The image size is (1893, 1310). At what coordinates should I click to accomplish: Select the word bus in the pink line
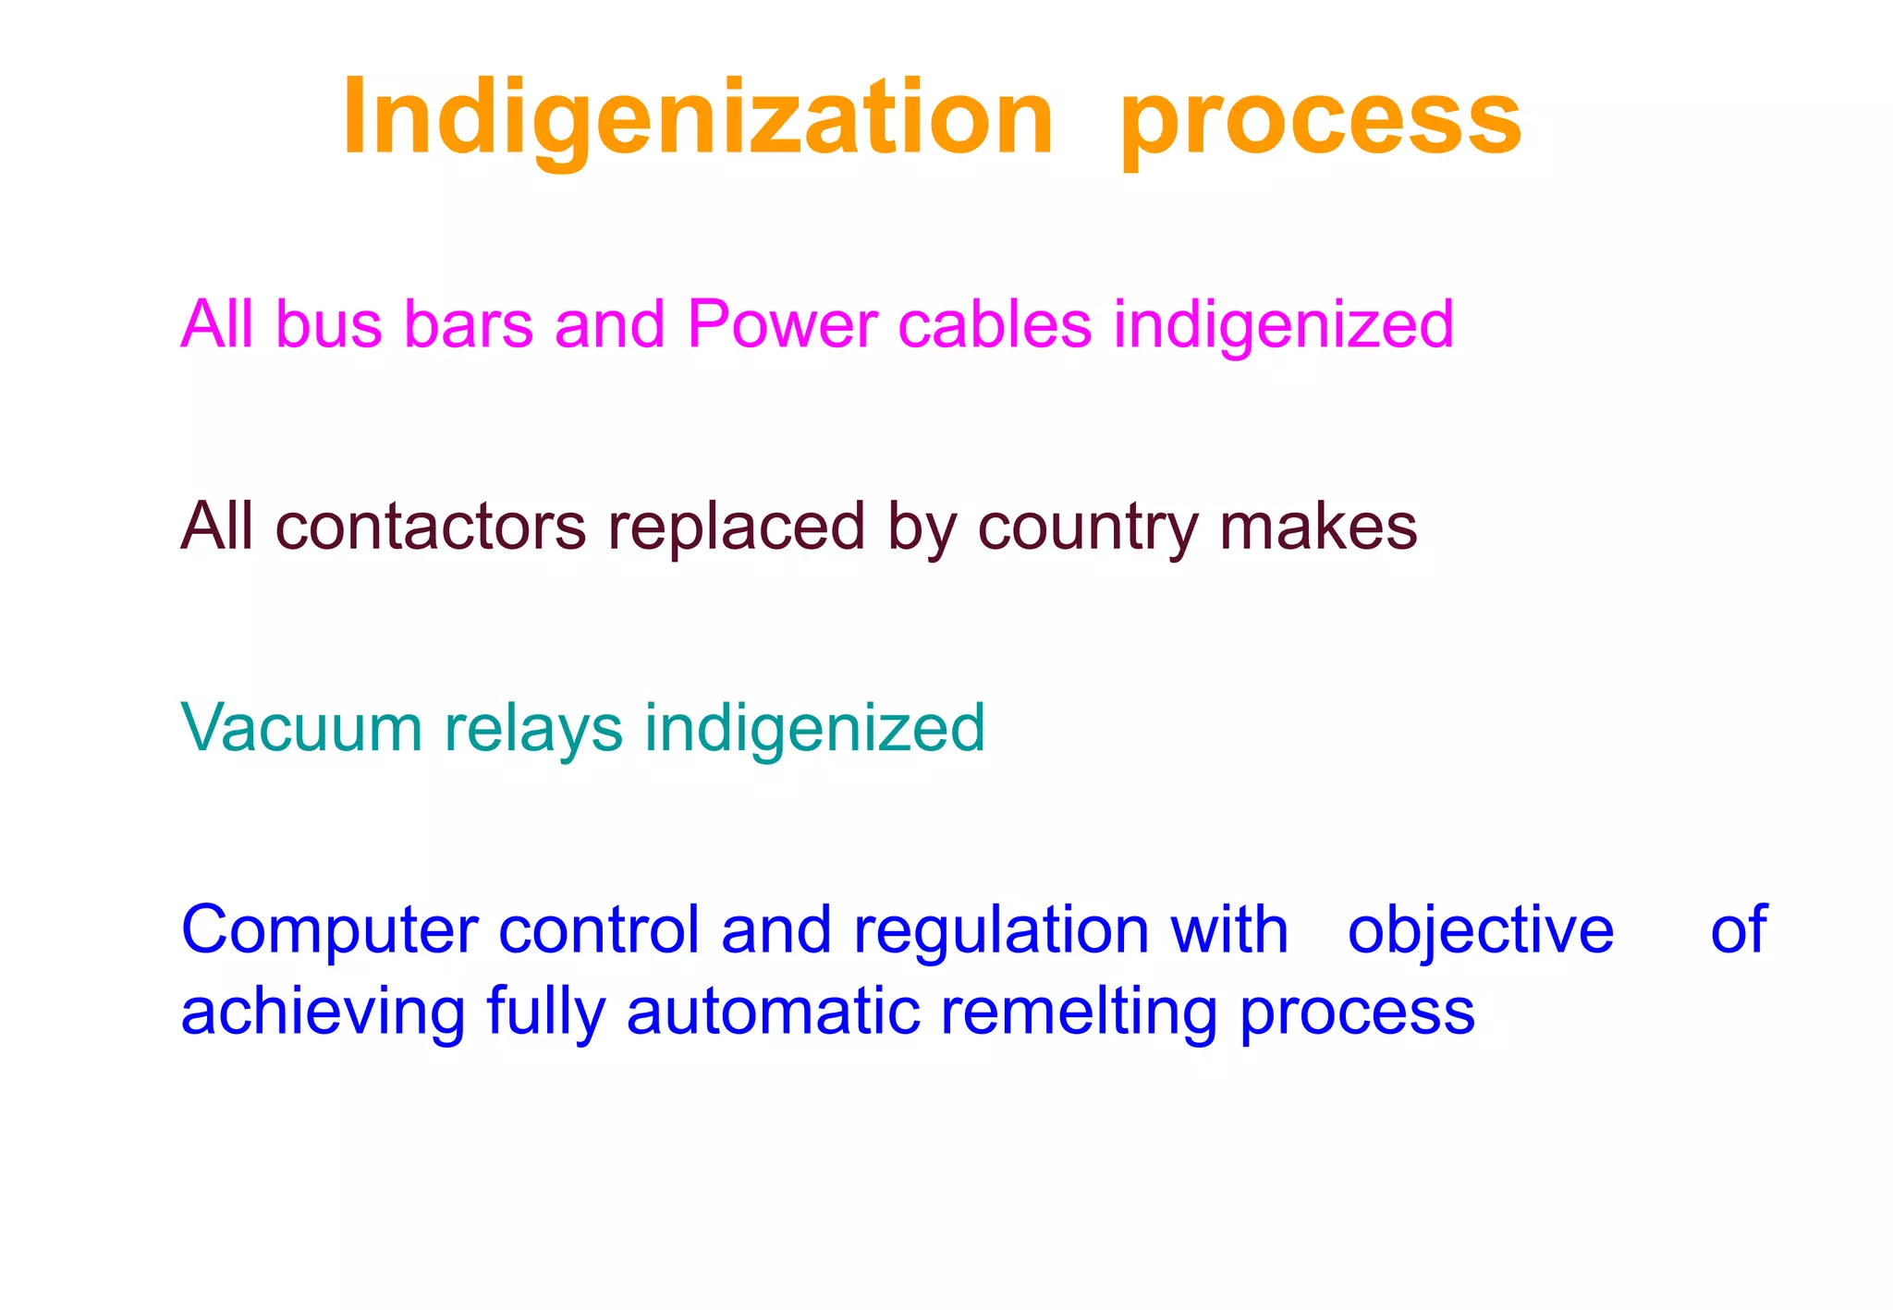[328, 325]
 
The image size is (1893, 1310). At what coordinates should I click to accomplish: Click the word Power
[782, 325]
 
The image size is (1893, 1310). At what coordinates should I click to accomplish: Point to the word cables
[995, 325]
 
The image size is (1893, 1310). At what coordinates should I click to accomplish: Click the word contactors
[431, 527]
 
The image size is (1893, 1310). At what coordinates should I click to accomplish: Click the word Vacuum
[302, 728]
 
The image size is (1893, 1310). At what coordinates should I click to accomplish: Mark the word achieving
[323, 1013]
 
